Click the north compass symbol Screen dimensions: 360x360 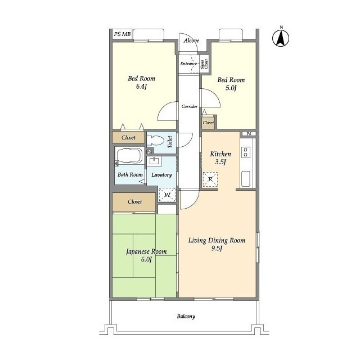(281, 37)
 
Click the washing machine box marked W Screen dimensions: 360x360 (167, 195)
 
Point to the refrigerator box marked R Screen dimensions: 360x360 (210, 179)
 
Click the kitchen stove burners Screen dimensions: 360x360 (245, 152)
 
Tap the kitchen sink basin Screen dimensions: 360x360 (246, 179)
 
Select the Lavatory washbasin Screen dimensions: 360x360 (154, 161)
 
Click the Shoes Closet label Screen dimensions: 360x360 (204, 64)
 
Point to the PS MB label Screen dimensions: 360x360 (123, 34)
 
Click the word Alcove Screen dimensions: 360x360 (191, 41)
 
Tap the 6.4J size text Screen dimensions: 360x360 (141, 87)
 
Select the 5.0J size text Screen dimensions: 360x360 (231, 88)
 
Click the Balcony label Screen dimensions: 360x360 (186, 316)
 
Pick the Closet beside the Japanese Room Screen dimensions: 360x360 (134, 202)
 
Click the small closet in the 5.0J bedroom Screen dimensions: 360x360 (208, 123)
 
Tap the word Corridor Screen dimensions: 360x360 (190, 106)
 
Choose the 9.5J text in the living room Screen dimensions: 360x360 (217, 249)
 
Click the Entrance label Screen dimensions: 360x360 (188, 64)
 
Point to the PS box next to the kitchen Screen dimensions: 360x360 (249, 134)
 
